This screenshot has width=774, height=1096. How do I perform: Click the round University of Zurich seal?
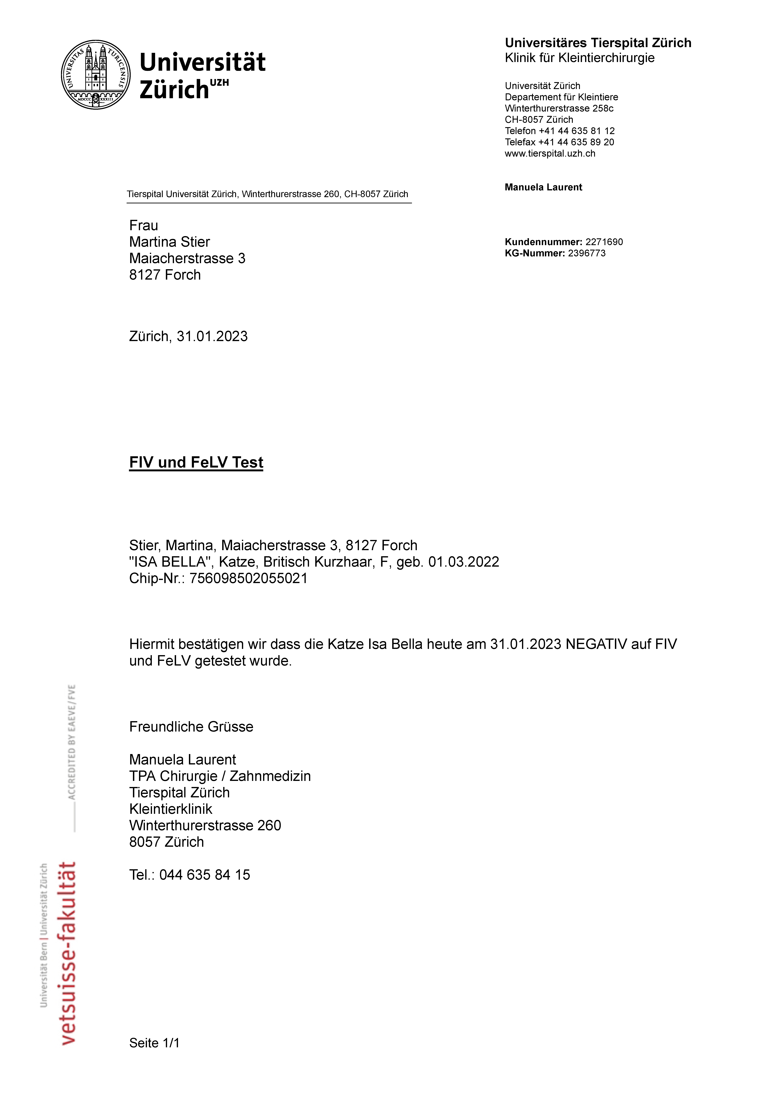(x=96, y=74)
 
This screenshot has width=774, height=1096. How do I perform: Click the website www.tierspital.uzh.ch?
(x=550, y=154)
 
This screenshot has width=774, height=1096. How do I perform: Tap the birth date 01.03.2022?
(x=463, y=562)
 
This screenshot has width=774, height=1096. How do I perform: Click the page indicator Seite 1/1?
(x=154, y=1043)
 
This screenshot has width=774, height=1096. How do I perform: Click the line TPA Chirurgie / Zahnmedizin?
(x=220, y=776)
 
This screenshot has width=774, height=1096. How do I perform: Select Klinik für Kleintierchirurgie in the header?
(x=580, y=58)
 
